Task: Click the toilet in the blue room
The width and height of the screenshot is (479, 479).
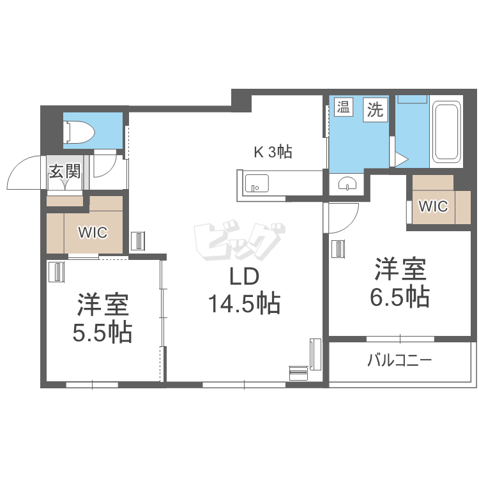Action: click(x=79, y=132)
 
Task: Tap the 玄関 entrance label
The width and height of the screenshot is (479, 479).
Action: click(x=65, y=171)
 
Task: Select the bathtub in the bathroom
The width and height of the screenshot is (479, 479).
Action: click(x=447, y=132)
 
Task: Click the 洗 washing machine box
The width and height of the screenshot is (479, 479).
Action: click(x=375, y=109)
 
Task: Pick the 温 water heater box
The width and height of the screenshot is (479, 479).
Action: click(x=344, y=107)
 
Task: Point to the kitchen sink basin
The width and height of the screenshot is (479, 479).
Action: click(x=257, y=183)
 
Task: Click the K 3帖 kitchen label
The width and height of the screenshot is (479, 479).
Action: click(x=273, y=151)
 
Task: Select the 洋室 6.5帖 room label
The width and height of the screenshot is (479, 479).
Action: click(x=400, y=282)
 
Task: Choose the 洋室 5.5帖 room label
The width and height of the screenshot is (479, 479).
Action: click(x=103, y=317)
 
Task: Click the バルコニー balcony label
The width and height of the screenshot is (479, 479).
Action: click(x=400, y=360)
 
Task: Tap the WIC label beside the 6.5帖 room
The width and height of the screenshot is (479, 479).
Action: click(x=433, y=206)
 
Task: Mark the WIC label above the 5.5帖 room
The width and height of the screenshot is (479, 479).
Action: click(x=93, y=232)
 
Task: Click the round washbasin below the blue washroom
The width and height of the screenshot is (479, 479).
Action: click(x=347, y=184)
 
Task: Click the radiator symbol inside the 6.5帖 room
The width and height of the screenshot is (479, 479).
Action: click(x=339, y=249)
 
